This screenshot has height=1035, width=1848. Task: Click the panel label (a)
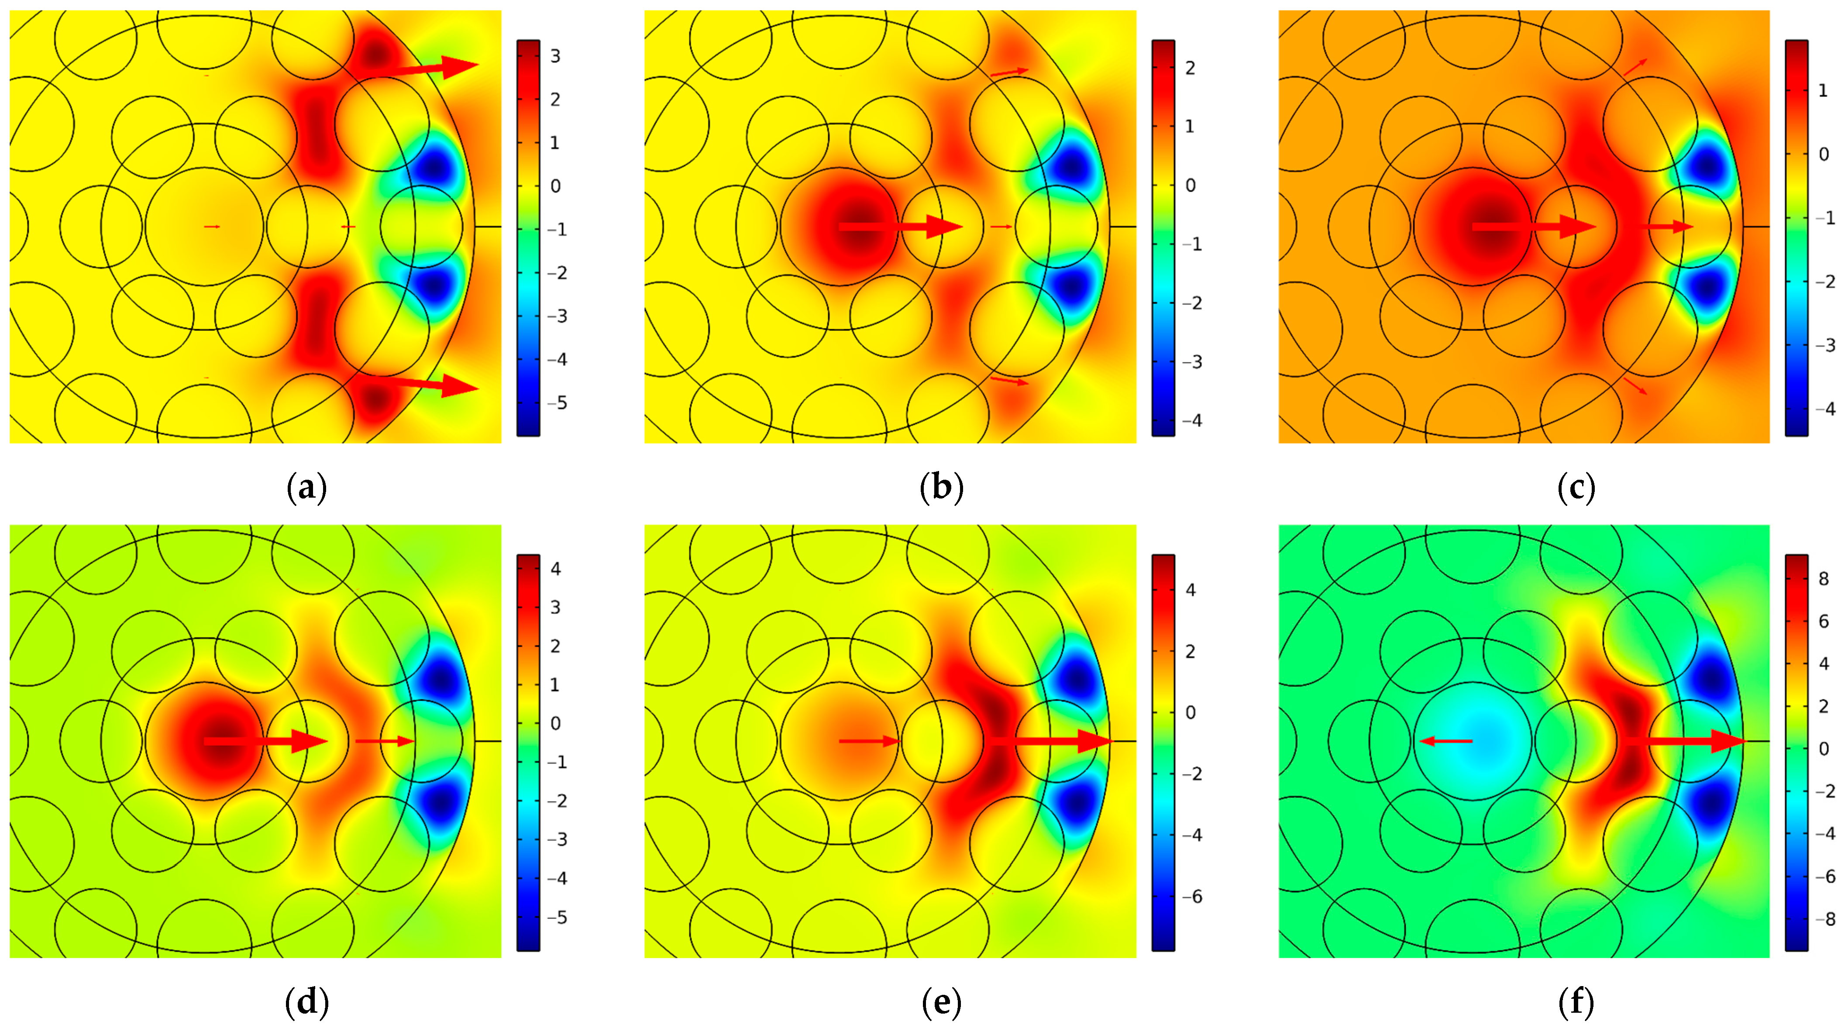[x=306, y=488]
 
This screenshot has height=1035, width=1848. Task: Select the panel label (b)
[x=941, y=488]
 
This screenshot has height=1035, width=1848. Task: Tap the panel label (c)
[x=1576, y=488]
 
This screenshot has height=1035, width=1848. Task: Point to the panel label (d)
[x=306, y=1003]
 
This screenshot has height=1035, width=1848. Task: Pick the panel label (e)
[x=941, y=1003]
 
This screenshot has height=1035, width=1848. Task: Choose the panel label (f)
[x=1576, y=1003]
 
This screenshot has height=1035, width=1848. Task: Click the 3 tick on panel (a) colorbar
[x=554, y=56]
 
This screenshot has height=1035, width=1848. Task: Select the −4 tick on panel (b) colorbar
[x=1191, y=421]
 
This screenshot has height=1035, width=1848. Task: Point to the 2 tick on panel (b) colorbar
[x=1190, y=68]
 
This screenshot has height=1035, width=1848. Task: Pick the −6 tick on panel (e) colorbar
[x=1191, y=897]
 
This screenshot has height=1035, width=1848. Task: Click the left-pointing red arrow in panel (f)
[x=1445, y=741]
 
